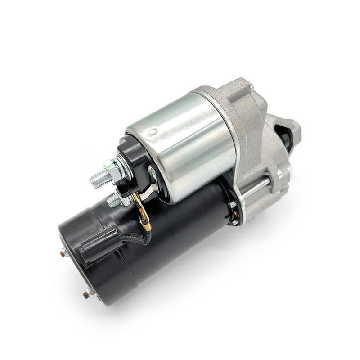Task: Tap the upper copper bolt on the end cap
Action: (63, 254)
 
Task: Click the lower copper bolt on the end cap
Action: (86, 295)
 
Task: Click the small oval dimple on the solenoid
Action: (153, 131)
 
